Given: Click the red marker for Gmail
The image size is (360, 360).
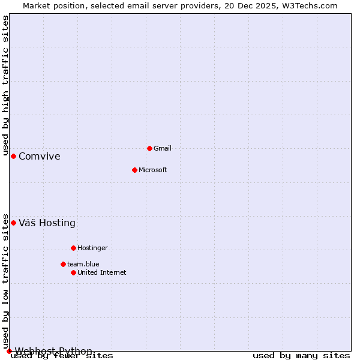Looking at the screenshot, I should coord(149,148).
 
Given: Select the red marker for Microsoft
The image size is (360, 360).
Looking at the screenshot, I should coord(134,170).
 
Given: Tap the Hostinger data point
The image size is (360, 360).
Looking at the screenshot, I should coord(73,248).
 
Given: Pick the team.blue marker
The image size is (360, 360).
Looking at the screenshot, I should coord(63,264).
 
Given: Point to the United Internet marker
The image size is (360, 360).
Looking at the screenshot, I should coord(73,272).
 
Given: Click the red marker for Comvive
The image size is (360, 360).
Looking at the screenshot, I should coord(13,156).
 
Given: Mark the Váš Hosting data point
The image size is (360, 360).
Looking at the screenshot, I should coord(13,223).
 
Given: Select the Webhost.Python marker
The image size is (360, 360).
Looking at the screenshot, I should coord(9,351).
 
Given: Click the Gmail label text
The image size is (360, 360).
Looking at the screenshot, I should coord(163,148).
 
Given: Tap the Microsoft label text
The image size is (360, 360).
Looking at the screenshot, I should coord(153,170).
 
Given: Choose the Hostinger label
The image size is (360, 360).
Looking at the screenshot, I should coord(92,248).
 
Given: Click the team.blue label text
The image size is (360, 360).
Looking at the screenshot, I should coord(83,264).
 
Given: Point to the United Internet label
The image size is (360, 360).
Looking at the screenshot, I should coord(102,272).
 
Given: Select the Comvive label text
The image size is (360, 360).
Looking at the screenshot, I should coord(40,157).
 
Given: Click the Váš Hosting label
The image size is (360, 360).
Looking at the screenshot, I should coord(47,223).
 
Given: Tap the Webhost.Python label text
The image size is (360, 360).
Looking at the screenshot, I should coord(54,351).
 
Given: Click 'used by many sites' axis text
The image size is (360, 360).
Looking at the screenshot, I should coord(301,356).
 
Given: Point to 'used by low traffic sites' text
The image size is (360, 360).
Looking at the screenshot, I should coord(6,281).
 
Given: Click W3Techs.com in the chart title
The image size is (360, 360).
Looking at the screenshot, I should coord(310,5).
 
